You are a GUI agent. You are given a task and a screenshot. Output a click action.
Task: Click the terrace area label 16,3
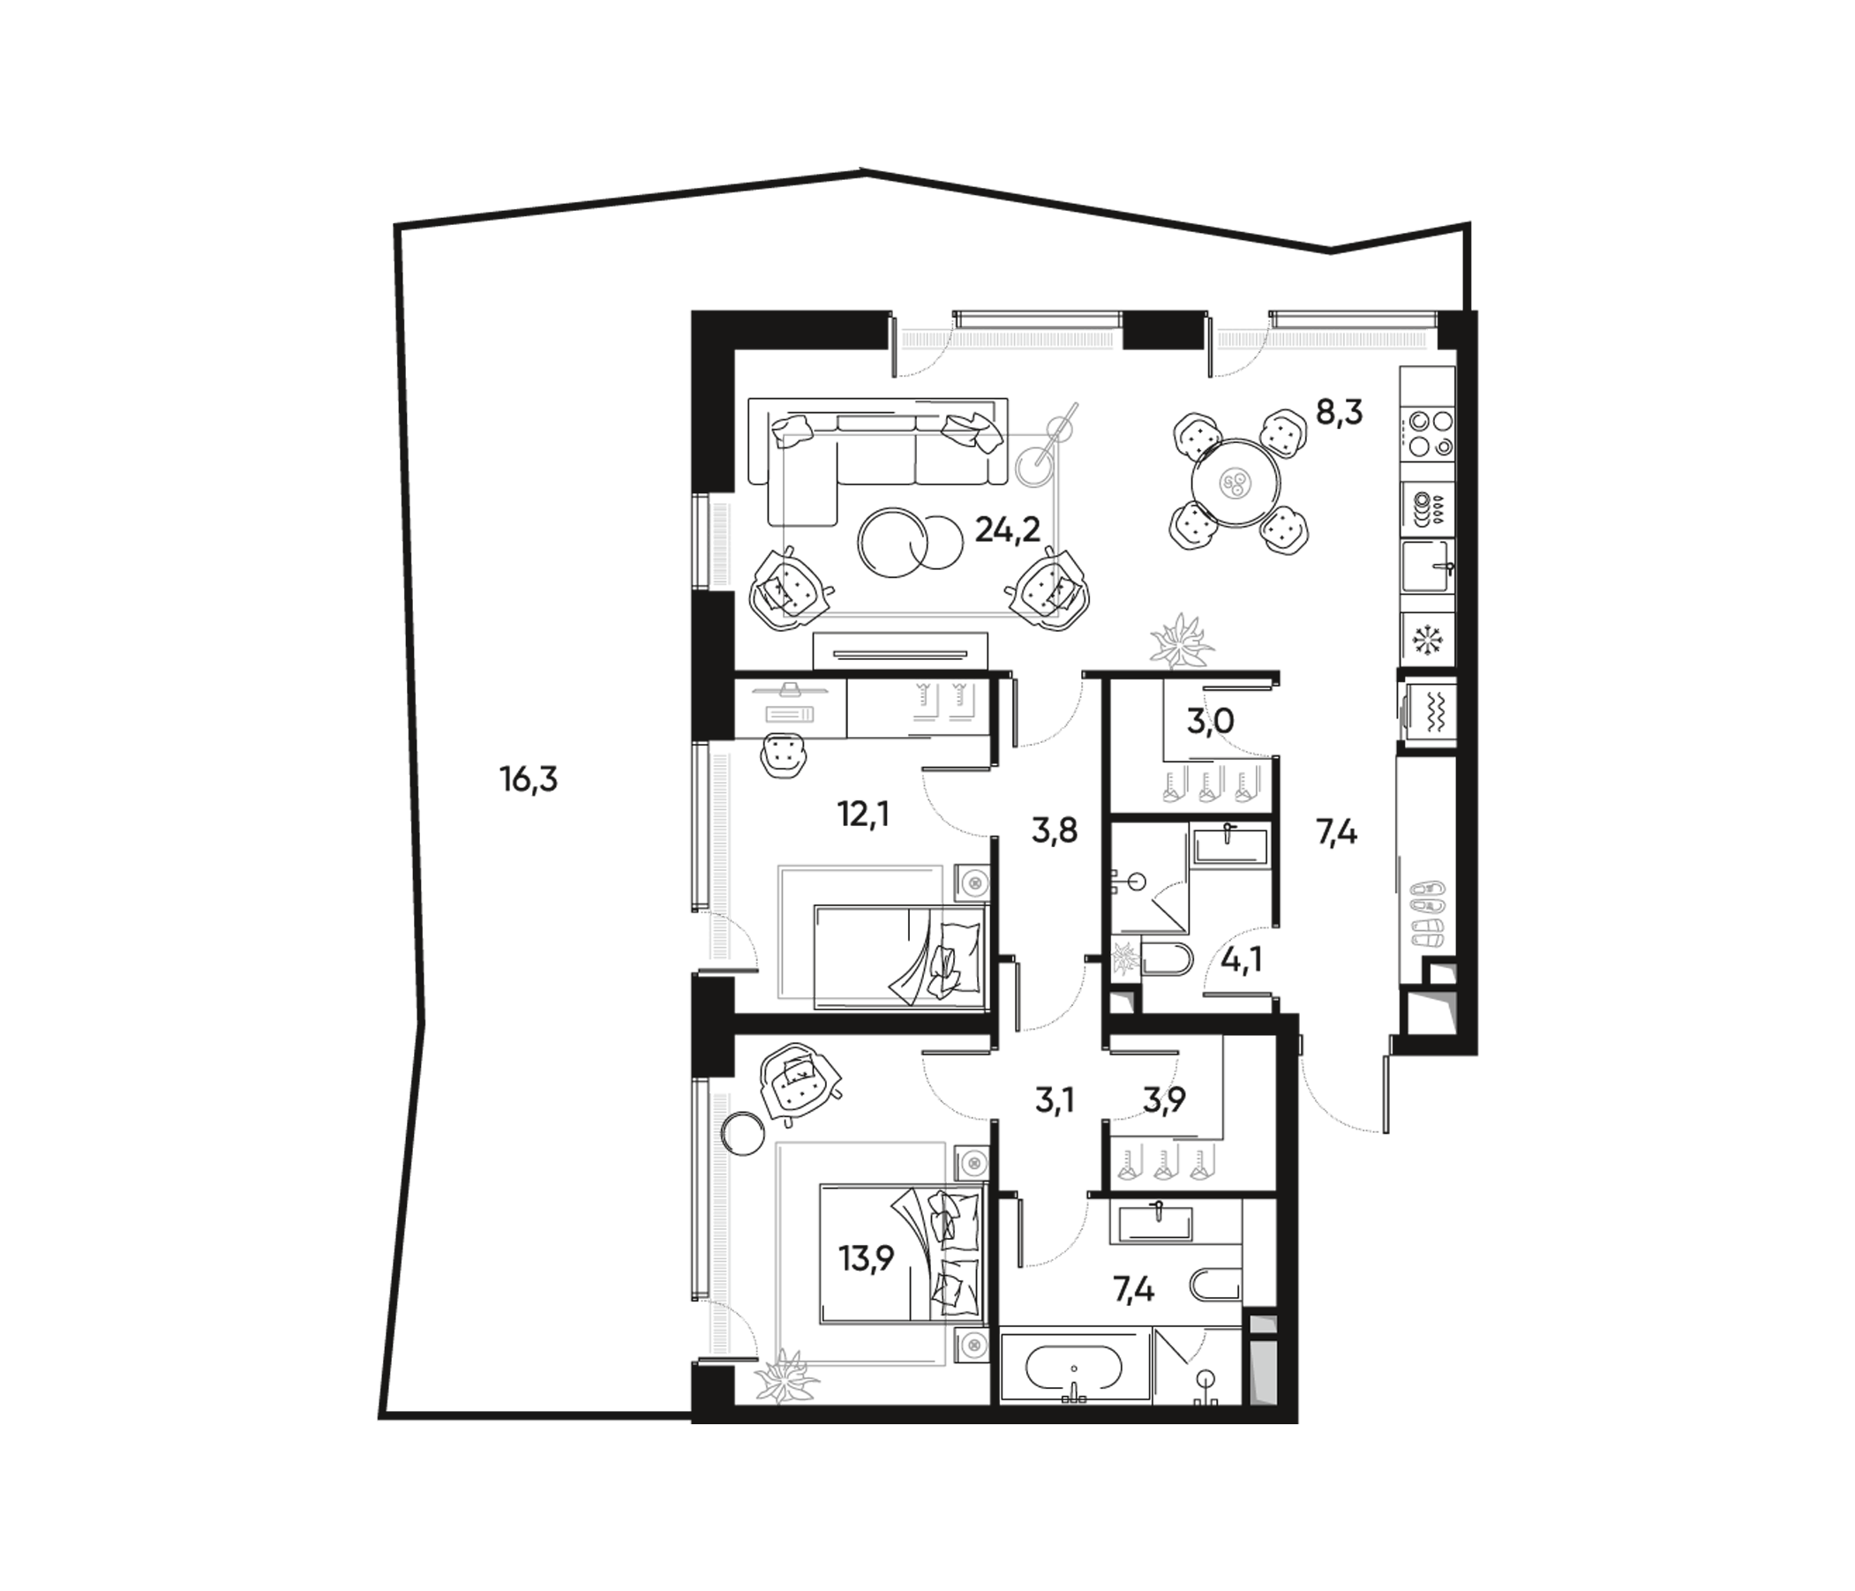click(x=529, y=781)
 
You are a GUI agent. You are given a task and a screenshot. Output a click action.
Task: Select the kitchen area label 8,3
click(x=1339, y=413)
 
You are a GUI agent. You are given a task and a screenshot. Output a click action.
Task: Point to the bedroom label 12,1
click(x=863, y=814)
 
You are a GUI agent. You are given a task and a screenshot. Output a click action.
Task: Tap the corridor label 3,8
click(x=1054, y=831)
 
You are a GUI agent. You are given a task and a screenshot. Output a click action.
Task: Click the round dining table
click(x=1237, y=484)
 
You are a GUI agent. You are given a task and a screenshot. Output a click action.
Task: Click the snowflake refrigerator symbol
click(x=1426, y=639)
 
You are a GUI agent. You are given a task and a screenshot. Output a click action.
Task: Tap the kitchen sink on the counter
click(x=1427, y=566)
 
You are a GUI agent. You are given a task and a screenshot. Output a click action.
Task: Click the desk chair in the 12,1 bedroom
click(x=785, y=754)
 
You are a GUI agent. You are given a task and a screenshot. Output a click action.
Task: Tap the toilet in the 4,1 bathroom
click(x=1166, y=960)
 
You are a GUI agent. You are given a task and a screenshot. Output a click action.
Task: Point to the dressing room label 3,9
click(x=1164, y=1099)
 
